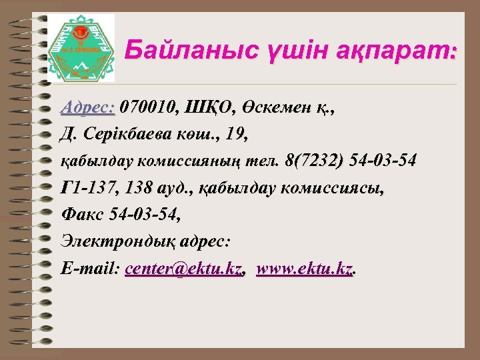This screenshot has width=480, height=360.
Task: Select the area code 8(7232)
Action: [x=314, y=161]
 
